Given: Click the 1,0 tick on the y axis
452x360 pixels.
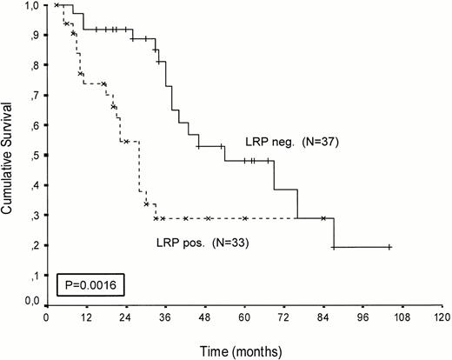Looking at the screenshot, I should [32, 6].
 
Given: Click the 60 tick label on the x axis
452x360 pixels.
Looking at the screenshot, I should [245, 318].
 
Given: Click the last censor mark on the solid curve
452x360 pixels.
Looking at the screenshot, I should [389, 247].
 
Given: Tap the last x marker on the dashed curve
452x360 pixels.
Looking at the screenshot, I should [323, 218].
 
